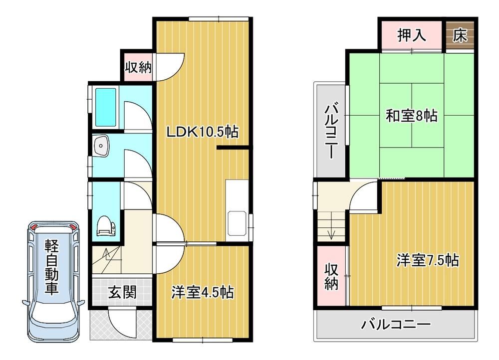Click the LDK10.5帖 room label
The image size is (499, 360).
click(203, 131)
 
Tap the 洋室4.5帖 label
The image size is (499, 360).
click(203, 292)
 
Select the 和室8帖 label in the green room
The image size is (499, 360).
click(412, 116)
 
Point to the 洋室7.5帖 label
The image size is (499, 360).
click(428, 260)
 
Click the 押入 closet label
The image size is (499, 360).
click(412, 35)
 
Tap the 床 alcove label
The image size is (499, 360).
click(460, 35)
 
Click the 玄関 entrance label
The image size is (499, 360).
click(123, 292)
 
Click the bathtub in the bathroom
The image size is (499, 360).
click(106, 107)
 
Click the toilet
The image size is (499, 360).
click(106, 226)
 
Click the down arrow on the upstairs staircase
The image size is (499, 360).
click(331, 225)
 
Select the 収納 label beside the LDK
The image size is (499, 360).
click(138, 67)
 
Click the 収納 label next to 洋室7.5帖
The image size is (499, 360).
click(331, 276)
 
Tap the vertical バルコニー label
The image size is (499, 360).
click(331, 131)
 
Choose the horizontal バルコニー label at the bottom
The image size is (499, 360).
click(396, 325)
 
